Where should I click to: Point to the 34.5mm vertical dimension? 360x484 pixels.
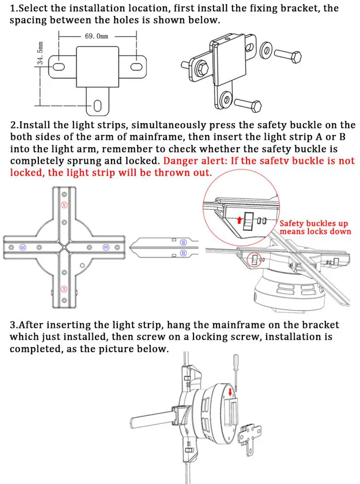tap(41, 53)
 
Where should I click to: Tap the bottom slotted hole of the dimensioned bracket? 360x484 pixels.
tap(98, 104)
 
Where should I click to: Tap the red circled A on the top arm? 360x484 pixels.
tap(63, 205)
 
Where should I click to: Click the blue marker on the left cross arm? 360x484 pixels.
tap(22, 247)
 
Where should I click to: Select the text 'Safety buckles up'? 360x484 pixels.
tap(314, 223)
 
